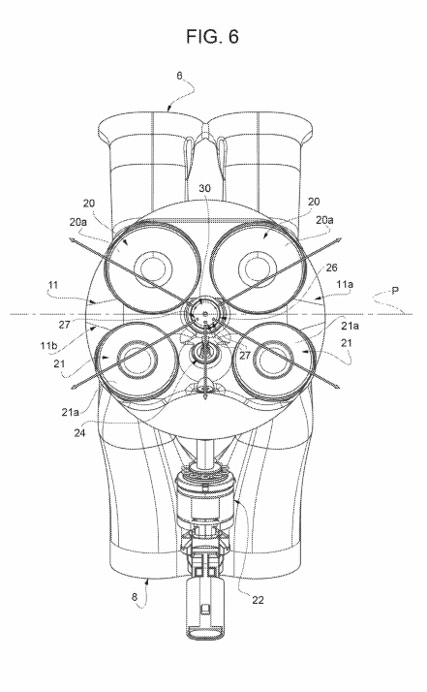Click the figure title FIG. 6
click(212, 37)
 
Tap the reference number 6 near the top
click(179, 76)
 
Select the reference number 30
click(204, 188)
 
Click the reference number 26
click(331, 267)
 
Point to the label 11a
click(345, 285)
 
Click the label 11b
click(49, 345)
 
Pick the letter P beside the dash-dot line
click(395, 290)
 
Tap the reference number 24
click(79, 433)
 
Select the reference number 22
click(259, 600)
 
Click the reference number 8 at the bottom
click(135, 597)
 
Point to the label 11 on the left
click(53, 285)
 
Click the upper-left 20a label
click(78, 222)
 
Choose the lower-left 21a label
click(71, 412)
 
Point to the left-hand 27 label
click(65, 325)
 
